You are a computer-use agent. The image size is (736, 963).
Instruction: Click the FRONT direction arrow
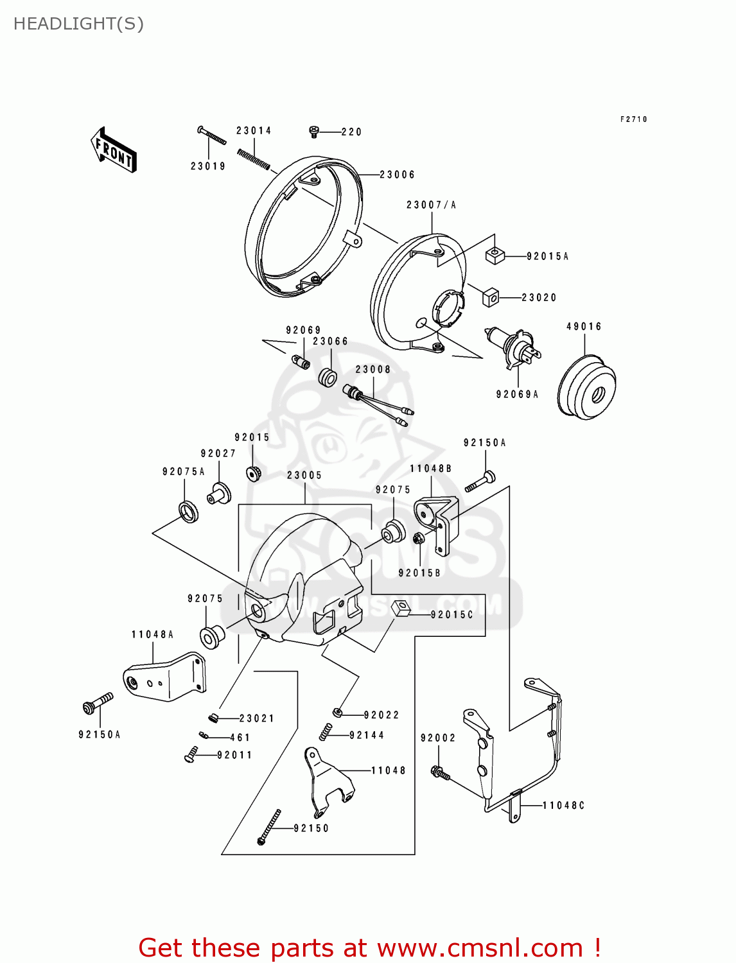[x=114, y=150]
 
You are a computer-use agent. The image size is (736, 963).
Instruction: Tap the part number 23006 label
[x=397, y=175]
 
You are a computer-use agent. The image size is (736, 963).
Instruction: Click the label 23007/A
[x=431, y=205]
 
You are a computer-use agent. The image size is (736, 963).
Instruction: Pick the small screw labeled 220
[x=314, y=132]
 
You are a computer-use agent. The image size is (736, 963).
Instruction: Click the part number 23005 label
[x=304, y=475]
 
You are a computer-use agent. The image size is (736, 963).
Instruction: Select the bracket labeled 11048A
[x=166, y=677]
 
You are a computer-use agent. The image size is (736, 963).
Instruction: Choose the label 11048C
[x=563, y=805]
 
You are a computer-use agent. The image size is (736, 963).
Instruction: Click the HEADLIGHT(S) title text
[x=78, y=24]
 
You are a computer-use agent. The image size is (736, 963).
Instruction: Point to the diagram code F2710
[x=633, y=119]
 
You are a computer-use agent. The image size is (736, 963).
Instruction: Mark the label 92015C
[x=451, y=614]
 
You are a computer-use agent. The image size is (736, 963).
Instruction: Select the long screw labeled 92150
[x=269, y=827]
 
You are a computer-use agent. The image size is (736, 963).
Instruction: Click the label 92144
[x=367, y=735]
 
